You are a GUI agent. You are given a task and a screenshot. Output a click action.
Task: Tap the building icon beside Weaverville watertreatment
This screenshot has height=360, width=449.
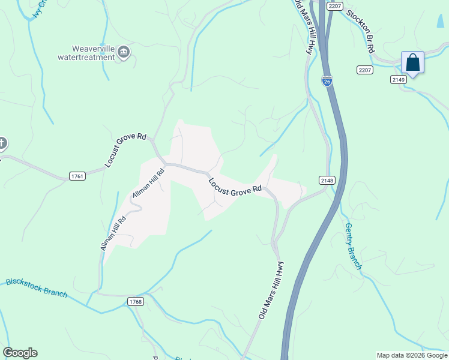click(x=124, y=53)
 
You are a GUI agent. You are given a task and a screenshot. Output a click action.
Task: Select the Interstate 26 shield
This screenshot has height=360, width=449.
click(x=327, y=81)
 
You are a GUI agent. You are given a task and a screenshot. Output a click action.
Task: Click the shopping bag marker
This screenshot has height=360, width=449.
click(x=412, y=62)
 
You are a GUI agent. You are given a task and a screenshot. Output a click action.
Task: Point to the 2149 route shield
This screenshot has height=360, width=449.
click(x=398, y=79)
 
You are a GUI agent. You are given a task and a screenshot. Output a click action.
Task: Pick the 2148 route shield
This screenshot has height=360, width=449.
click(x=327, y=180)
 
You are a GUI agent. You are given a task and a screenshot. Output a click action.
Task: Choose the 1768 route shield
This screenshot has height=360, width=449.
click(x=135, y=302)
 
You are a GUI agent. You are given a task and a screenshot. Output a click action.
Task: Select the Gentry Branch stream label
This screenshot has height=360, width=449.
click(x=353, y=246)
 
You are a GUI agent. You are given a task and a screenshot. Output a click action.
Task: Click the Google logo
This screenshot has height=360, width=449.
click(x=20, y=353)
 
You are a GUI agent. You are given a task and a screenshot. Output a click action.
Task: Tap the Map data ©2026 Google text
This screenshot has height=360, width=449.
click(x=412, y=355)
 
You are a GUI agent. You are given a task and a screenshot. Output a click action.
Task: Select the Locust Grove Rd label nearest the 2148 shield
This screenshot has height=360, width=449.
click(x=235, y=185)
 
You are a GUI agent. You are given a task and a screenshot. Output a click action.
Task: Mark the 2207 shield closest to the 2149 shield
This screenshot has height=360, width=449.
click(x=364, y=70)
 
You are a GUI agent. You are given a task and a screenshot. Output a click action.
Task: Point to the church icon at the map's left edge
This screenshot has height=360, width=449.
click(x=2, y=143)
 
